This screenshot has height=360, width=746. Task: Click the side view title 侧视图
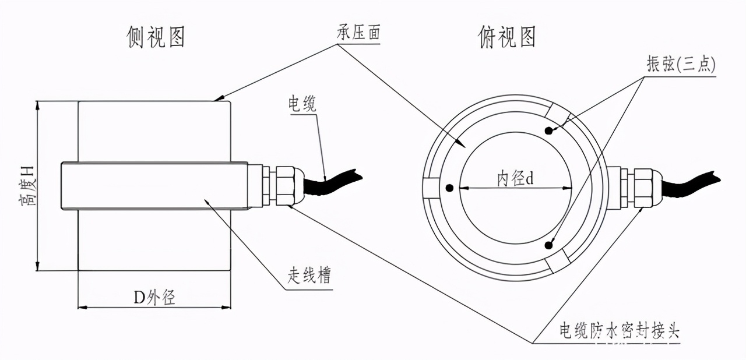[156, 37]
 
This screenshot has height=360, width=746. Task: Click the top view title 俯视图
[506, 37]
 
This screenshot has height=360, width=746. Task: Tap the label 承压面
[359, 33]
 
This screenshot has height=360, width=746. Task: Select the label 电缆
[302, 104]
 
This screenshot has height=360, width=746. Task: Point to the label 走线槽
[309, 275]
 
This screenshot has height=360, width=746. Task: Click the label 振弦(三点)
[681, 65]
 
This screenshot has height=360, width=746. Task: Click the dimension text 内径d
[515, 178]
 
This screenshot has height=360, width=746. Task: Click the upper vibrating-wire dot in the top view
[548, 130]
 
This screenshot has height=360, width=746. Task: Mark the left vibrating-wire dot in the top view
[449, 188]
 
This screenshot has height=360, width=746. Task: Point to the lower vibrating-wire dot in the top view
[548, 245]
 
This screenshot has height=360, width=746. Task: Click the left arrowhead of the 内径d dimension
[462, 188]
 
